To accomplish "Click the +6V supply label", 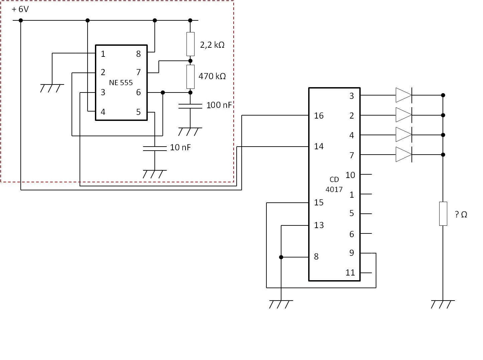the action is click(20, 9).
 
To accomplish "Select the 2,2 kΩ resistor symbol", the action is click(190, 44).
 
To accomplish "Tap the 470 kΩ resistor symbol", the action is click(190, 77).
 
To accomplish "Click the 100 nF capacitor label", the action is click(219, 105).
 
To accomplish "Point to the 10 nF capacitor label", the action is click(180, 147).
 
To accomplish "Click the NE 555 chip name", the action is click(121, 82).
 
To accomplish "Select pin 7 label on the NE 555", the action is click(138, 72).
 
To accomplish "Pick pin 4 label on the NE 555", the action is click(103, 112).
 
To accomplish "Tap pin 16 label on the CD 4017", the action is click(319, 116).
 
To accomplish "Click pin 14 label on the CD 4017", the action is click(319, 146).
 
